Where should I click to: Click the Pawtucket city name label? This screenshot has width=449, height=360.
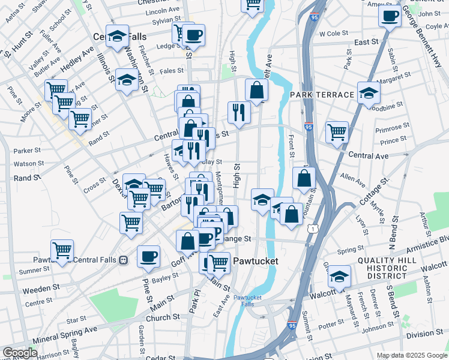(x=256, y=262)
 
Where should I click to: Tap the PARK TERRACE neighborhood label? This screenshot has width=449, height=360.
(x=322, y=95)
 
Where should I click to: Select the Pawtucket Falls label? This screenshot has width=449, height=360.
(x=247, y=301)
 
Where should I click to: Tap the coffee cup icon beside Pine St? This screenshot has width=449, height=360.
(x=149, y=256)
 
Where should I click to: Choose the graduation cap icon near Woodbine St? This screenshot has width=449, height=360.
(x=369, y=92)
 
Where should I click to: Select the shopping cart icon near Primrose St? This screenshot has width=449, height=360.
(x=337, y=131)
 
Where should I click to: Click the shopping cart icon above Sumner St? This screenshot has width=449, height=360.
(x=62, y=250)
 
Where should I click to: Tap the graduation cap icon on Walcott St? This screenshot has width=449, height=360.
(x=339, y=276)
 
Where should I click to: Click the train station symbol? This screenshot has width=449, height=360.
(x=122, y=260)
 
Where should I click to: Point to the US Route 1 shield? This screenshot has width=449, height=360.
(x=312, y=229)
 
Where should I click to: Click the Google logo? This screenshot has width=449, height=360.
(x=20, y=353)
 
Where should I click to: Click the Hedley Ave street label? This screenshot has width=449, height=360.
(x=77, y=60)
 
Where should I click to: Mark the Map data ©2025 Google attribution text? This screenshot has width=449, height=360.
(x=411, y=355)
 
